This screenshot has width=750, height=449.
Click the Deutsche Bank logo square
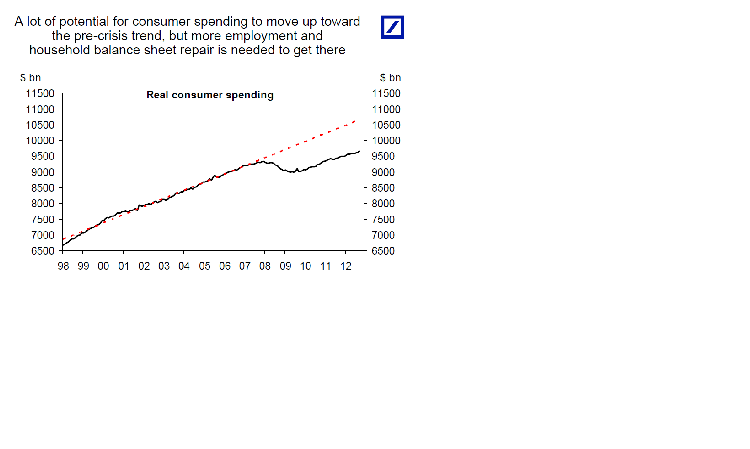(x=392, y=27)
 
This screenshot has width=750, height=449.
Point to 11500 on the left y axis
(x=40, y=93)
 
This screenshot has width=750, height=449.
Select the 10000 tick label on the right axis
(x=386, y=141)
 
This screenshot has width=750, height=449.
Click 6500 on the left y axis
(x=43, y=251)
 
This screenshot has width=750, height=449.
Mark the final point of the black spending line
(x=359, y=151)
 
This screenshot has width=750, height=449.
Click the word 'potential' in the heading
(x=84, y=22)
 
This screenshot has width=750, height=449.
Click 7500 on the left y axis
(x=43, y=219)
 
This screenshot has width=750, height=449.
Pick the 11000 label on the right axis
(x=386, y=109)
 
